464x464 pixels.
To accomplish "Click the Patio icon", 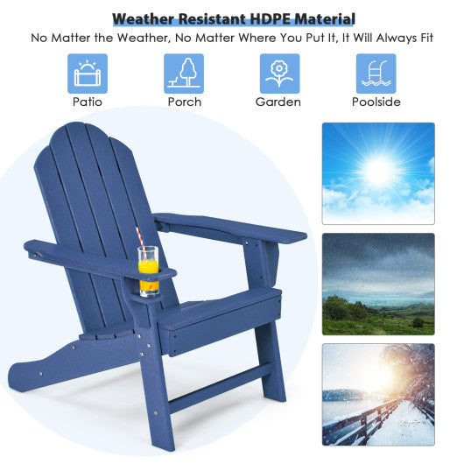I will (x=88, y=74).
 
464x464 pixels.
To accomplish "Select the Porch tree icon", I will (x=184, y=74).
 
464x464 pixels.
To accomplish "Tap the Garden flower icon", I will (x=279, y=74).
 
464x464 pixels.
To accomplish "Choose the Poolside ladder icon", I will (x=376, y=74).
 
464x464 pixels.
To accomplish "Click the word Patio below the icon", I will (x=88, y=102).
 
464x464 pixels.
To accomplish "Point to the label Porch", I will (x=184, y=102).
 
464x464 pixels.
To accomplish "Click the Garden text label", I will (x=279, y=102).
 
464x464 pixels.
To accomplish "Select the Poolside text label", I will (x=376, y=102).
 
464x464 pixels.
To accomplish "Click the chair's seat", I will (x=219, y=308).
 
